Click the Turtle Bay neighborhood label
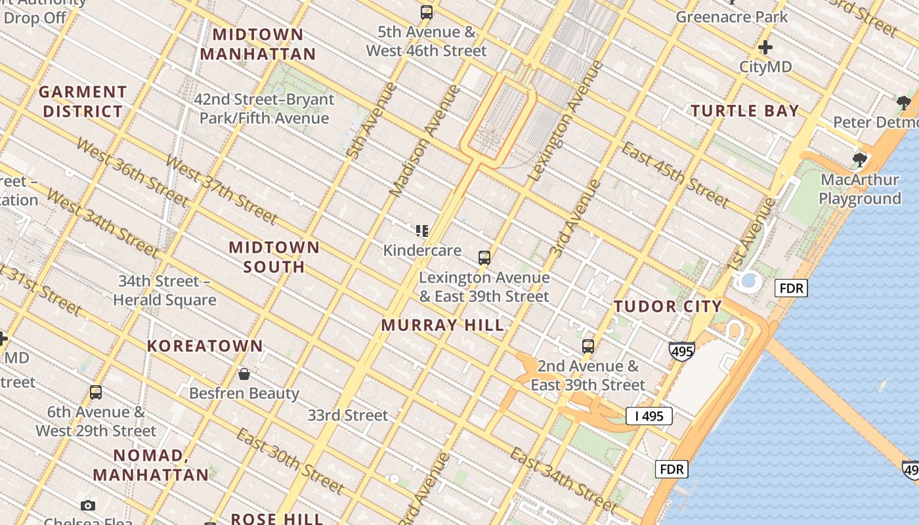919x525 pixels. pos(745,111)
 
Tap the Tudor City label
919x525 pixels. pos(668,306)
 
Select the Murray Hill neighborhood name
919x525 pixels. pos(442,325)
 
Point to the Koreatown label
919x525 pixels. pos(205,346)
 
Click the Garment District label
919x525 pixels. pos(83,102)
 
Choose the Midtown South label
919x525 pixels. pos(274,257)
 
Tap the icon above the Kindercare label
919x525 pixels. pos(422,230)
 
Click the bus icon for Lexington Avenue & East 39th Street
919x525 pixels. pos(484,258)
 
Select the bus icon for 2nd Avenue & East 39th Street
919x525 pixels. pos(588,346)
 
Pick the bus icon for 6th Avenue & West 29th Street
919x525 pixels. pos(96,392)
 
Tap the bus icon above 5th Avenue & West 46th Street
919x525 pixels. pos(427,12)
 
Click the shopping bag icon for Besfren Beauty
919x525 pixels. pos(244,374)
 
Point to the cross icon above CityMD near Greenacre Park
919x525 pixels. pos(765,47)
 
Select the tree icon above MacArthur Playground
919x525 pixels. pos(859,159)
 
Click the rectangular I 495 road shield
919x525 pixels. pos(649,415)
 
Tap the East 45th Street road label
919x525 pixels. pos(675,173)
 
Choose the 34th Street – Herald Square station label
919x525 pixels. pos(164,291)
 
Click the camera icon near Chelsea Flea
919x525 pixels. pos(88,505)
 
